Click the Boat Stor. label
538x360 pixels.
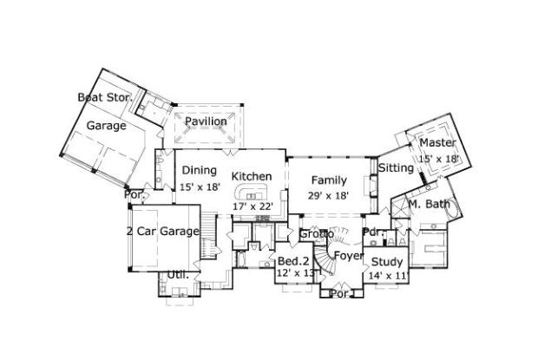click(105, 97)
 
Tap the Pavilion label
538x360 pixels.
click(206, 121)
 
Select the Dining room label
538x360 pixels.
click(199, 171)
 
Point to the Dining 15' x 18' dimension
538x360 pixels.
click(200, 187)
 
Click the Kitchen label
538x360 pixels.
click(252, 176)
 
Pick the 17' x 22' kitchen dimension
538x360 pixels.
click(253, 206)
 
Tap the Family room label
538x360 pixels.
click(329, 180)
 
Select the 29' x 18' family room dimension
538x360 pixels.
click(329, 196)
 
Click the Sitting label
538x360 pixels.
click(396, 167)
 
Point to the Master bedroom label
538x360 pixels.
click(437, 142)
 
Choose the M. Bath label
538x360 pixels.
click(430, 206)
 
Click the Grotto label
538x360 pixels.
click(317, 234)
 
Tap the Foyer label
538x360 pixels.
click(349, 257)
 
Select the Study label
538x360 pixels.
click(387, 261)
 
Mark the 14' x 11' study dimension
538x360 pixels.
click(387, 276)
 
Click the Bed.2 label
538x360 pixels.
click(293, 261)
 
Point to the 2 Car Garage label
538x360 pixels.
click(162, 231)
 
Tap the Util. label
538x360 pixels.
click(178, 274)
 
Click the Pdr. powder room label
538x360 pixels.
click(372, 232)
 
